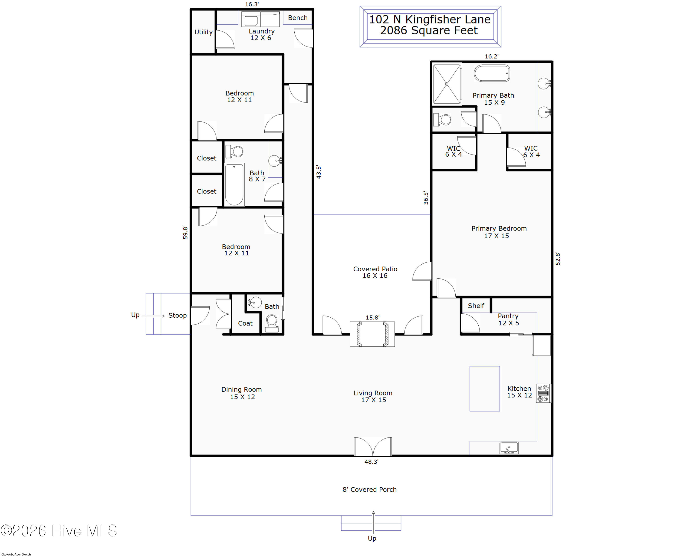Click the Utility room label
(203, 32)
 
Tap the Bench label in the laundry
(298, 18)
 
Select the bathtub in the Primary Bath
(492, 73)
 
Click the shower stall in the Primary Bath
(447, 84)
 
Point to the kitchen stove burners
(543, 393)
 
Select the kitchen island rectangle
(485, 388)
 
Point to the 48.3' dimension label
(372, 462)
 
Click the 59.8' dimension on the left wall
(185, 232)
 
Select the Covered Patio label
(375, 269)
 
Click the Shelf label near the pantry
(476, 306)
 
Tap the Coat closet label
(245, 323)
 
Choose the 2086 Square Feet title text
(429, 30)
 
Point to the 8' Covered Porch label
(369, 489)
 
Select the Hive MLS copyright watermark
(59, 530)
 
